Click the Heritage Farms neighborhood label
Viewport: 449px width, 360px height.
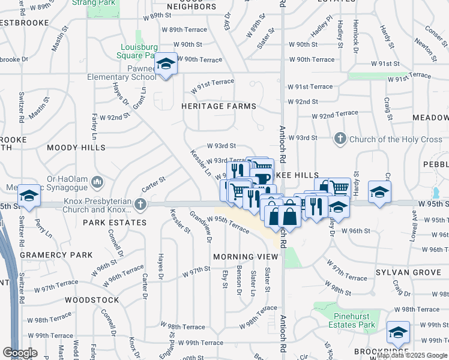219,106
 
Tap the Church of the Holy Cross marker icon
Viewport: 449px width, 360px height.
340,139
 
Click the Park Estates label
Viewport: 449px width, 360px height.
114,223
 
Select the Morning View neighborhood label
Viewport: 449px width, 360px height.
246,256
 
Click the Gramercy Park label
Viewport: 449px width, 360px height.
56,255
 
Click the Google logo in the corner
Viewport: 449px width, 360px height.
19,353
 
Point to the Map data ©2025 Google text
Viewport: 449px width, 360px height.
412,355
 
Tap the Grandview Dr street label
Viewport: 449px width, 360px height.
201,226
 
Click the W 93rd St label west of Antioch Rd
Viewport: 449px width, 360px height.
221,146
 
